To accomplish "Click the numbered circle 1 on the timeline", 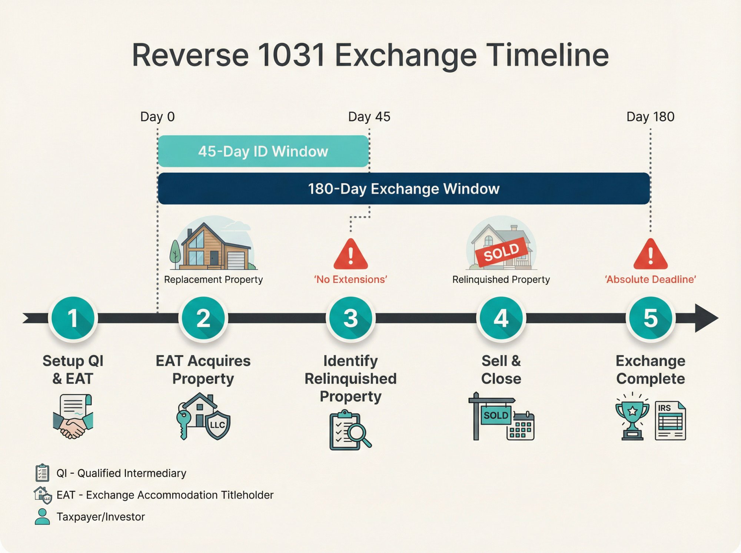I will pyautogui.click(x=73, y=318).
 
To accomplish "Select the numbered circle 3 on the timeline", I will pyautogui.click(x=350, y=318).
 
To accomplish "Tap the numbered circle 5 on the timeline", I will pyautogui.click(x=650, y=318).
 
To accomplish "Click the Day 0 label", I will pyautogui.click(x=157, y=117).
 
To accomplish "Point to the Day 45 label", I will pyautogui.click(x=369, y=117).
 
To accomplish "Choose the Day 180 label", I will pyautogui.click(x=650, y=117).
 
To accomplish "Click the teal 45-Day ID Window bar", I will pyautogui.click(x=263, y=151).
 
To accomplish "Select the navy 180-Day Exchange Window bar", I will pyautogui.click(x=404, y=189).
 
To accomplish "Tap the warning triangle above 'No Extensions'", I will pyautogui.click(x=350, y=255).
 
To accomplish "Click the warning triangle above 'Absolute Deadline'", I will pyautogui.click(x=650, y=255).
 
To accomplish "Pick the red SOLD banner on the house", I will pyautogui.click(x=502, y=252).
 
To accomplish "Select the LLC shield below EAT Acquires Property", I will pyautogui.click(x=217, y=425).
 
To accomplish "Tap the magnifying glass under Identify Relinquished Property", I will pyautogui.click(x=357, y=433).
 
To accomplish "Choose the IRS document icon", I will pyautogui.click(x=670, y=420).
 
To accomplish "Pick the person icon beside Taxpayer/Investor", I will pyautogui.click(x=42, y=516).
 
